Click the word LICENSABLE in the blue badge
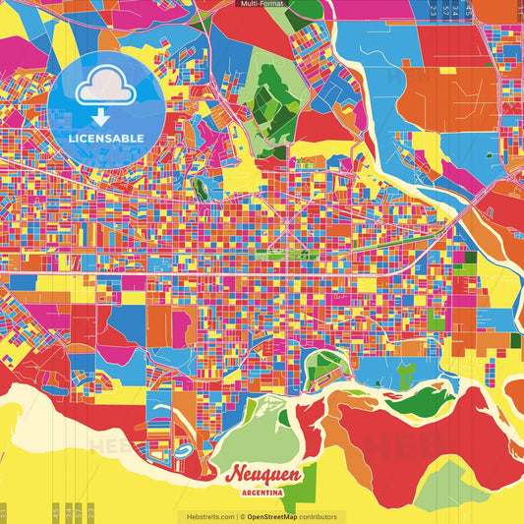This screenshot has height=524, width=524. point(106,139)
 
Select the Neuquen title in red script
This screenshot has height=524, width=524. point(262,475)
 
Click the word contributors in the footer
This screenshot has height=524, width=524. point(318,516)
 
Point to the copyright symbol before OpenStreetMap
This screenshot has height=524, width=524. point(243,516)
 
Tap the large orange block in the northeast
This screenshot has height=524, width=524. point(433,98)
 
